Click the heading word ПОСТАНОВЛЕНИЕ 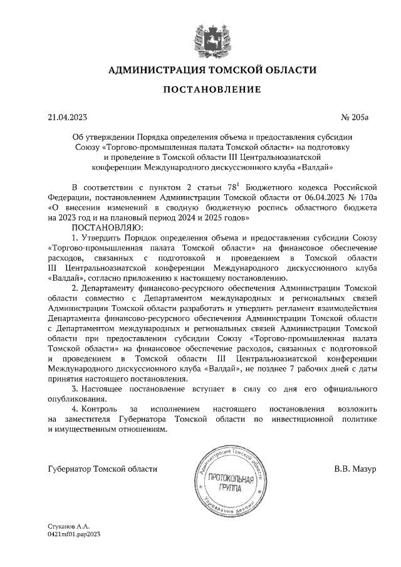click(x=212, y=90)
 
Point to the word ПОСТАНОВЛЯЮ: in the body click(x=108, y=227)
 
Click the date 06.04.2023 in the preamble click(x=317, y=197)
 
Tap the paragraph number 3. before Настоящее click(x=76, y=390)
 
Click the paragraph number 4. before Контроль click(x=76, y=410)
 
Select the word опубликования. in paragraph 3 click(x=76, y=400)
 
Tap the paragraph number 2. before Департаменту click(x=76, y=288)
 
